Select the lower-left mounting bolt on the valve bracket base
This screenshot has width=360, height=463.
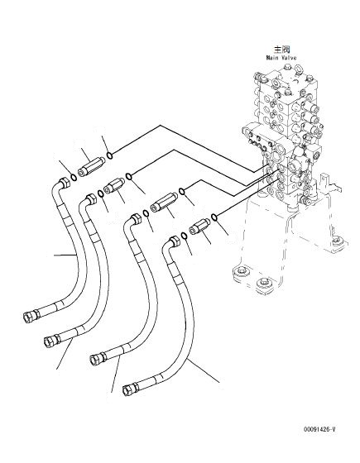tap(242, 273)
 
